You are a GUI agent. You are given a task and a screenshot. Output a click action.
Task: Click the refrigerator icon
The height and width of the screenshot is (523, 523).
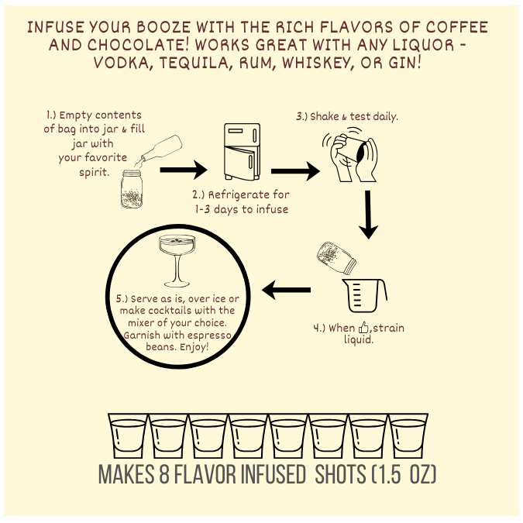(x=243, y=152)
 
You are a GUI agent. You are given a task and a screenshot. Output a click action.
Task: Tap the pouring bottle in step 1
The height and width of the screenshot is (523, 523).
(x=161, y=148)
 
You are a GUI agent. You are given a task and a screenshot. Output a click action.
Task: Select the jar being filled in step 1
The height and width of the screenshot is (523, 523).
(x=132, y=189)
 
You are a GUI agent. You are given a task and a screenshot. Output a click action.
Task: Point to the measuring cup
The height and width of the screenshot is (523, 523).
(x=364, y=295)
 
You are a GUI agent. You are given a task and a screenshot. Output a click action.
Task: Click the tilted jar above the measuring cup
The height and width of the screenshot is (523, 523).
(x=336, y=258)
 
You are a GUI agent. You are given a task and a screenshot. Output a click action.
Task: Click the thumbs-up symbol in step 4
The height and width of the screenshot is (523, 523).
(x=363, y=328)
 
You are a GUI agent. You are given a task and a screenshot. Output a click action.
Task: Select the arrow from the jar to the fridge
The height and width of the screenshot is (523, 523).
(x=184, y=170)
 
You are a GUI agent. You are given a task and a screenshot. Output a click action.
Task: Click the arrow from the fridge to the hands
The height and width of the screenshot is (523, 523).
(x=295, y=171)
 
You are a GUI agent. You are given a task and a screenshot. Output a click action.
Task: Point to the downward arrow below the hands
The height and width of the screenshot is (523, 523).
(x=368, y=215)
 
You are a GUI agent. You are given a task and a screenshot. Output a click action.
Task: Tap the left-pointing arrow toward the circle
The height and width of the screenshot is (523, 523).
(x=286, y=290)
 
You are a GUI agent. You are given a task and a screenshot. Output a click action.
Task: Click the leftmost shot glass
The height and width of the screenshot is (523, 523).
(x=128, y=435)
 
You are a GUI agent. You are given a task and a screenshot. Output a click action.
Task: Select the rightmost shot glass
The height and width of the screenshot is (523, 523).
(x=408, y=435)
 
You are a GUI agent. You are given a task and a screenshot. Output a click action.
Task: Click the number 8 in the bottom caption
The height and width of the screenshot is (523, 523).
(x=164, y=473)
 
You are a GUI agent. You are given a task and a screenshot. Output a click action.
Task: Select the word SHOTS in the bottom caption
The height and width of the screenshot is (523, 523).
(x=340, y=473)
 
